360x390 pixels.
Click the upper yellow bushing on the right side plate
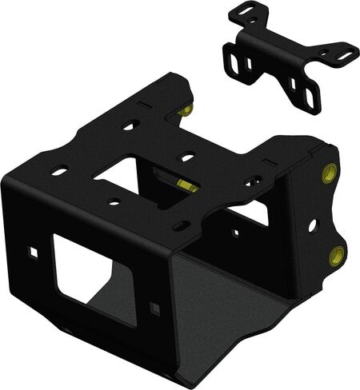click(328, 173)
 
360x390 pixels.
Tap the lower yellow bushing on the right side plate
click(337, 256)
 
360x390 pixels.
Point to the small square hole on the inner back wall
click(238, 233)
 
